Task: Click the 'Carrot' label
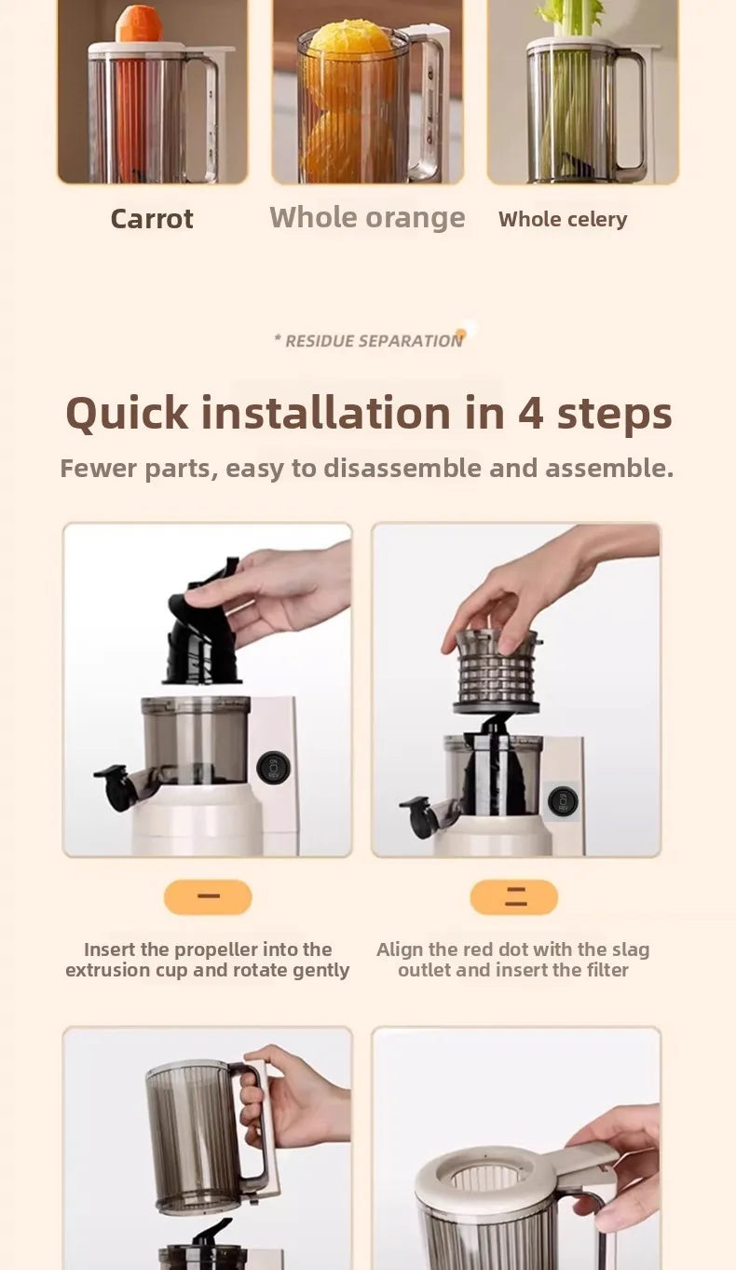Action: (x=152, y=219)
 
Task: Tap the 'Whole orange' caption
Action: (x=367, y=217)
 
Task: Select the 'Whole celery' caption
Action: (x=563, y=220)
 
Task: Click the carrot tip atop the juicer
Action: (x=139, y=24)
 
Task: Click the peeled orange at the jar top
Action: (x=349, y=42)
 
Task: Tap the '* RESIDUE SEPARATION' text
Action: (x=369, y=341)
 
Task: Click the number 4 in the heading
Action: (x=530, y=413)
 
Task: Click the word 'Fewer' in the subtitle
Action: (x=97, y=468)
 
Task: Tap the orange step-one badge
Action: (x=208, y=897)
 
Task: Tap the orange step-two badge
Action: (x=514, y=897)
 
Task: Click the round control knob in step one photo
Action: (x=273, y=767)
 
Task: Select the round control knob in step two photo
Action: (x=563, y=801)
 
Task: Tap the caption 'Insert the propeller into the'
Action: (x=208, y=949)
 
